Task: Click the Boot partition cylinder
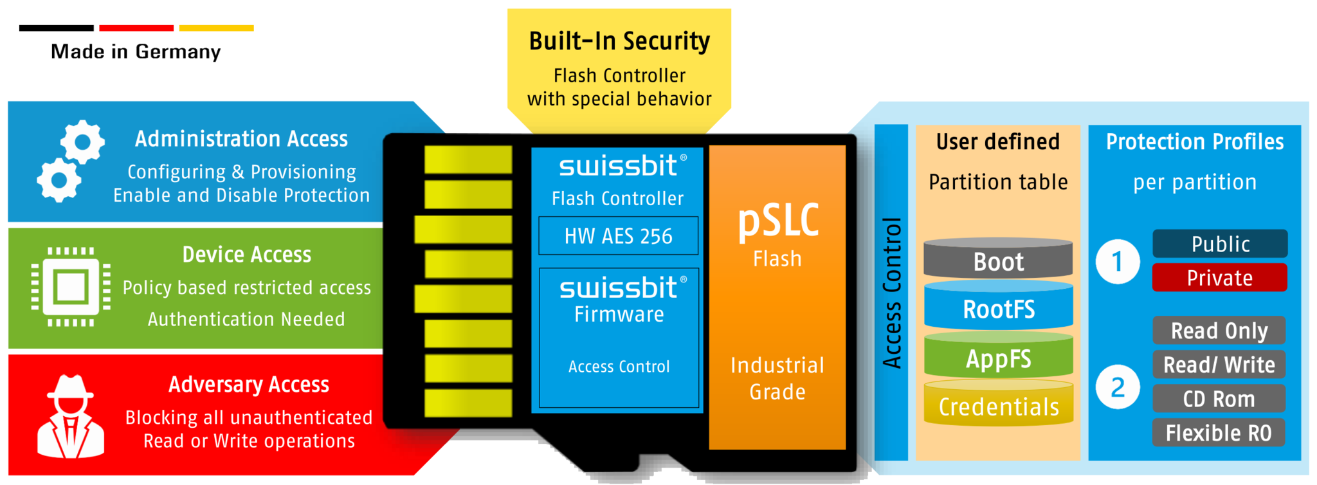pos(998,261)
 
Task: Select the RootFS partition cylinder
pos(998,309)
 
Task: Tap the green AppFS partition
pos(998,358)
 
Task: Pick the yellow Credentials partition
pos(998,406)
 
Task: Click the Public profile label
pos(1220,244)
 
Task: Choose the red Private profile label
pos(1220,278)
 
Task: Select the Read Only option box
pos(1219,331)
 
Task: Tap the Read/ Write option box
pos(1219,365)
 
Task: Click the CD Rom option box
pos(1219,399)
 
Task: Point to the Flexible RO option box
pos(1219,433)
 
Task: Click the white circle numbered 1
pos(1118,261)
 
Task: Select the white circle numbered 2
pos(1118,387)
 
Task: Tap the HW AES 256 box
pos(618,236)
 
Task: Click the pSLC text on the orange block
pos(777,221)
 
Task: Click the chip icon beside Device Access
pos(71,287)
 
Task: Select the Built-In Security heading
pos(619,41)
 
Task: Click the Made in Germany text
pos(137,51)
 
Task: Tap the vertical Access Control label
pos(891,293)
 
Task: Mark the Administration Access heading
pos(241,139)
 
